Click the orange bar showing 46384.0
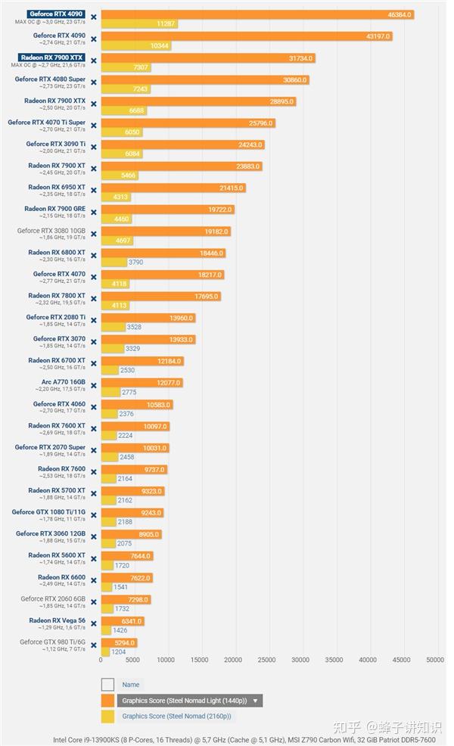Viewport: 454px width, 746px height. [257, 14]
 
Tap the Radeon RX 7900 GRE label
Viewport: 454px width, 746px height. [54, 209]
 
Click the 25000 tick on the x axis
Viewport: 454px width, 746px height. [267, 660]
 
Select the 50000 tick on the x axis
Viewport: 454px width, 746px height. [434, 660]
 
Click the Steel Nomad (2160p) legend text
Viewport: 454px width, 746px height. [177, 716]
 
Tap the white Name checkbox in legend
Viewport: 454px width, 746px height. [107, 685]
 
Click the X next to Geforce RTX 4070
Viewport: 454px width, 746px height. [94, 277]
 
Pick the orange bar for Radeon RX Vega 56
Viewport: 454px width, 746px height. [122, 621]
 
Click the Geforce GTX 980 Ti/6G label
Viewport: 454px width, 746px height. [53, 642]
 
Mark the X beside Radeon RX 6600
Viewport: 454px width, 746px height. [94, 580]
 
